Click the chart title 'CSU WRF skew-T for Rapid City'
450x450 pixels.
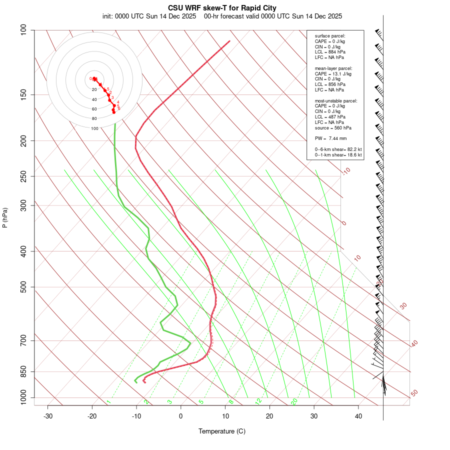pyautogui.click(x=222, y=8)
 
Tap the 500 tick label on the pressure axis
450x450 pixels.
pyautogui.click(x=23, y=287)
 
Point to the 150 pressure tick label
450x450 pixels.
pyautogui.click(x=23, y=94)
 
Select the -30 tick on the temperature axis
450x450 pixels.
pyautogui.click(x=48, y=416)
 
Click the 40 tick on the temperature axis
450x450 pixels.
pyautogui.click(x=358, y=416)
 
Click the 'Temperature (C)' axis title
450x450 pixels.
pyautogui.click(x=222, y=431)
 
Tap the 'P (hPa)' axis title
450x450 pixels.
pyautogui.click(x=5, y=217)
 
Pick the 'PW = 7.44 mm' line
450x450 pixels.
pyautogui.click(x=330, y=138)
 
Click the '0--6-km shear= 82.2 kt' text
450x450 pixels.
pyautogui.click(x=338, y=149)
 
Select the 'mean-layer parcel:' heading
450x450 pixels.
pyautogui.click(x=333, y=68)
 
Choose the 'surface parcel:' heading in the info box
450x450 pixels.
pyautogui.click(x=330, y=36)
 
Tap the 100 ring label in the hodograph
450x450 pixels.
pyautogui.click(x=94, y=128)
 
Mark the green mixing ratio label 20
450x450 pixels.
pyautogui.click(x=294, y=401)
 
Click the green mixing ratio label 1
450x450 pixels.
pyautogui.click(x=108, y=402)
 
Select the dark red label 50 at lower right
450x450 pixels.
pyautogui.click(x=414, y=393)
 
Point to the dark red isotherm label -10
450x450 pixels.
pyautogui.click(x=346, y=171)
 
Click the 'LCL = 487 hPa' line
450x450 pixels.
pyautogui.click(x=330, y=116)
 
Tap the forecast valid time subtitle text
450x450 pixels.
pyautogui.click(x=273, y=16)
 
